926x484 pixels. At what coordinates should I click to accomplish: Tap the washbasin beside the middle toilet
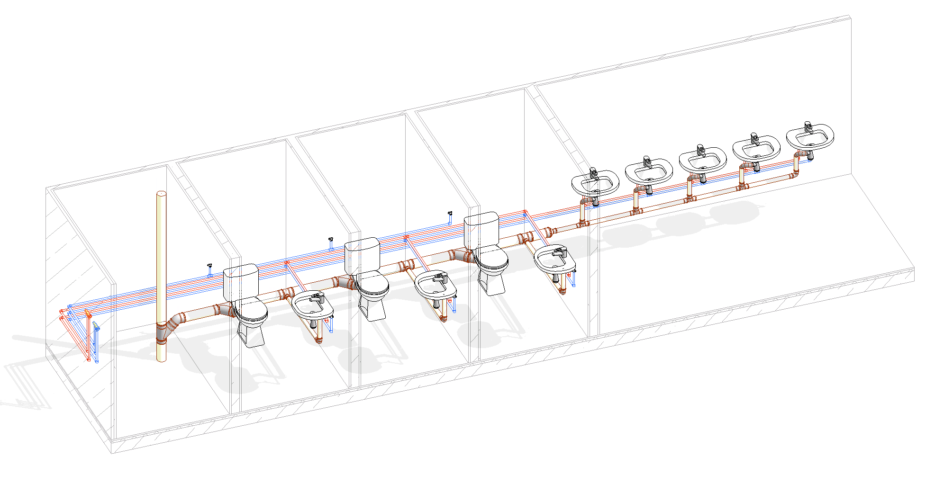point(435,284)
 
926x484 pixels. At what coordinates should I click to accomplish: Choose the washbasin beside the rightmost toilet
point(554,258)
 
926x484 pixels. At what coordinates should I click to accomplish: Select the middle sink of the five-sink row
point(702,160)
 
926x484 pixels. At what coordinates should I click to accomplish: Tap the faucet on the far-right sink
point(808,127)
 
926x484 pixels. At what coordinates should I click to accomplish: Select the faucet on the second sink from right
point(754,139)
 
